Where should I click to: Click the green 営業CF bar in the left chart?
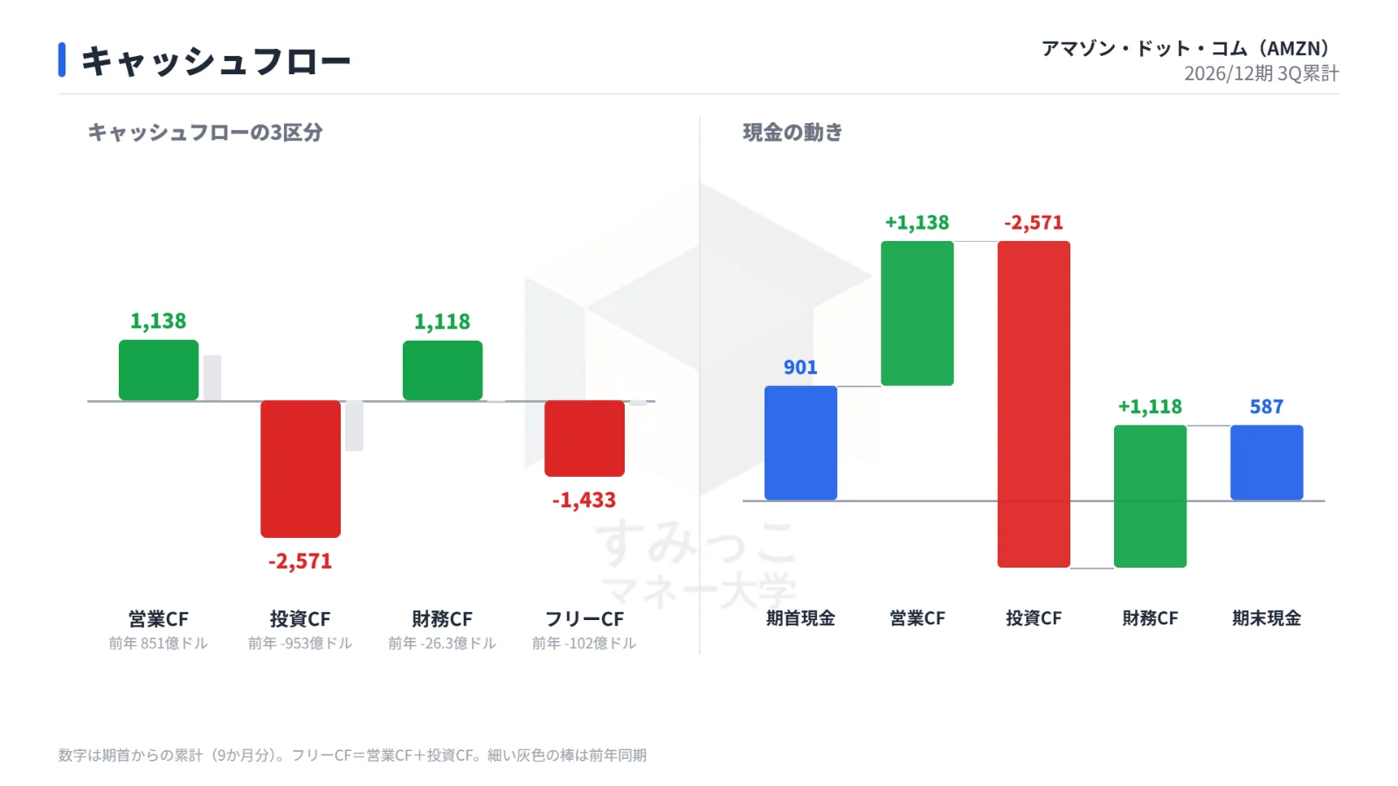(x=158, y=370)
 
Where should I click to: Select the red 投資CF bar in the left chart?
(x=301, y=468)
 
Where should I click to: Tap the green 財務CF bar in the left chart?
(x=442, y=370)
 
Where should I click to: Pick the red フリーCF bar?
(x=585, y=438)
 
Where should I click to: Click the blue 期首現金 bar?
(x=800, y=443)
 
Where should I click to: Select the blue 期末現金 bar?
(x=1267, y=463)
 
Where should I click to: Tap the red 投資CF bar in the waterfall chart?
(x=1034, y=404)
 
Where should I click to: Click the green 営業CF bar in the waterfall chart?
(x=917, y=314)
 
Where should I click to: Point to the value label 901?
(x=800, y=367)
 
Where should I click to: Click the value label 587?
(x=1267, y=407)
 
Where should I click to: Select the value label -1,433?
(x=585, y=500)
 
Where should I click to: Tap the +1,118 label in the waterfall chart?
(x=1150, y=407)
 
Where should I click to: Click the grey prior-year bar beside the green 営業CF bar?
(x=212, y=378)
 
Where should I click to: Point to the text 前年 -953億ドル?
(x=301, y=643)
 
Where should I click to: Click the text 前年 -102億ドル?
(x=585, y=643)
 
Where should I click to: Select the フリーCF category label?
(x=585, y=619)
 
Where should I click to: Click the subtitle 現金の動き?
(x=792, y=132)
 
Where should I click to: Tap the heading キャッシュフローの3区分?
(x=205, y=132)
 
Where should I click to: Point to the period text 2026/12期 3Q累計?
(x=1262, y=73)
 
